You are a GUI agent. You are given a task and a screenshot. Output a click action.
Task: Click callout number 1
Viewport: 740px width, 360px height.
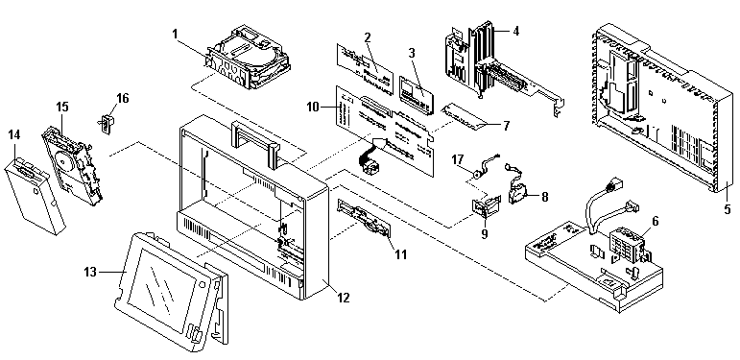click(x=175, y=34)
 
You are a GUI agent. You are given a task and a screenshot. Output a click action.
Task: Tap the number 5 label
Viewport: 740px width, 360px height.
click(x=728, y=208)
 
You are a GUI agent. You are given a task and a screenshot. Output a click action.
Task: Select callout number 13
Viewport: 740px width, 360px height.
click(x=90, y=272)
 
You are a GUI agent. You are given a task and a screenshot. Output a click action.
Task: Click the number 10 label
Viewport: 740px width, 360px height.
click(x=313, y=108)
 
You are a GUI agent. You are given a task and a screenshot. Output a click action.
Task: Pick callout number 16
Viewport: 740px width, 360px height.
click(x=122, y=98)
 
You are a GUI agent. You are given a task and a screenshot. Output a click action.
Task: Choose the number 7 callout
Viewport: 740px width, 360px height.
click(x=506, y=126)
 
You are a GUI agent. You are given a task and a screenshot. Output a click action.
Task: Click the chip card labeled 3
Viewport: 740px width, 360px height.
click(x=416, y=93)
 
